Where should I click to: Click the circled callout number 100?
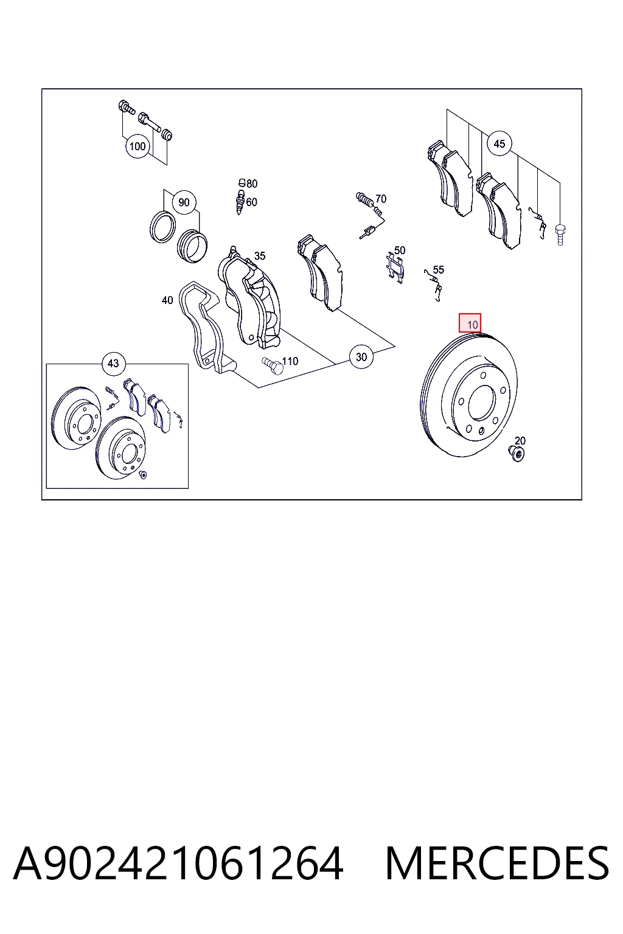click(137, 147)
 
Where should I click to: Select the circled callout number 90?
click(184, 202)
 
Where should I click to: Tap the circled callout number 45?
click(499, 144)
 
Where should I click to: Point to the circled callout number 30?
click(361, 357)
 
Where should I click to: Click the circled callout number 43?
click(114, 364)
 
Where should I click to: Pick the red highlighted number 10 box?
click(470, 323)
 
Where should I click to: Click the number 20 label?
click(520, 441)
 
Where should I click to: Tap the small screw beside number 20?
click(516, 453)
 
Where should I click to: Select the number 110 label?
click(290, 361)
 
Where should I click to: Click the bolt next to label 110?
click(273, 365)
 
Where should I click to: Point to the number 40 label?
click(167, 300)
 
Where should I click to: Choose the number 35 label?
click(260, 256)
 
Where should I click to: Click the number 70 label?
click(381, 199)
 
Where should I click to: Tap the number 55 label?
click(439, 270)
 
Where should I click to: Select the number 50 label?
click(400, 250)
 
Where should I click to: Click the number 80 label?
click(252, 184)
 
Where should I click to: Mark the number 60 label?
click(252, 202)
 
